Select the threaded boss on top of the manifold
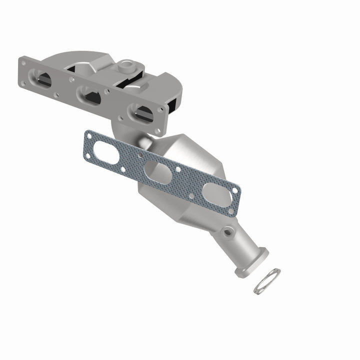tap(126, 65)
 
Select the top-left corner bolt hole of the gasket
tap(89, 134)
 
